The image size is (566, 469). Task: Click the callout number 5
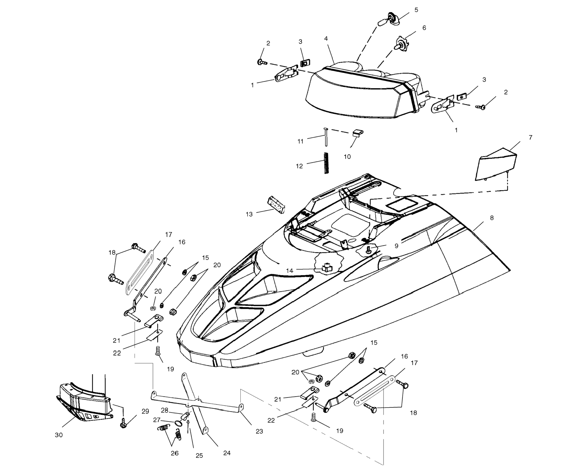click(416, 10)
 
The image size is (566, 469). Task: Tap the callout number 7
click(530, 137)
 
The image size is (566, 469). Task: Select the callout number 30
click(59, 435)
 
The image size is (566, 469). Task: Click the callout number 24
click(227, 453)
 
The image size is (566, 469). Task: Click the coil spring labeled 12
click(326, 163)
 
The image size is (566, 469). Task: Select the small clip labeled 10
click(358, 133)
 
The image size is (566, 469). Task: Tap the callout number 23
click(259, 431)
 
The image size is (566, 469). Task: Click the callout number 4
click(326, 39)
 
